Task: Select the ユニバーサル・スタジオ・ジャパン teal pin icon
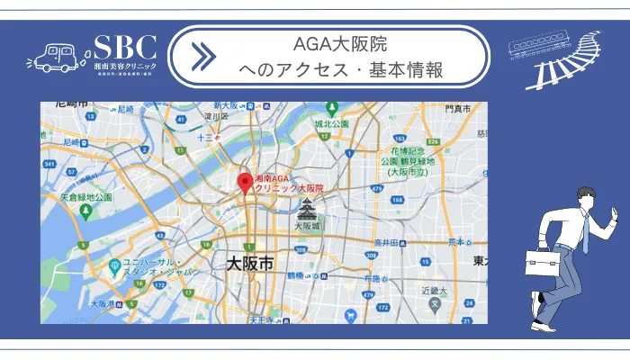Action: [113, 265]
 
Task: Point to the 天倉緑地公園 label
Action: [85, 196]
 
